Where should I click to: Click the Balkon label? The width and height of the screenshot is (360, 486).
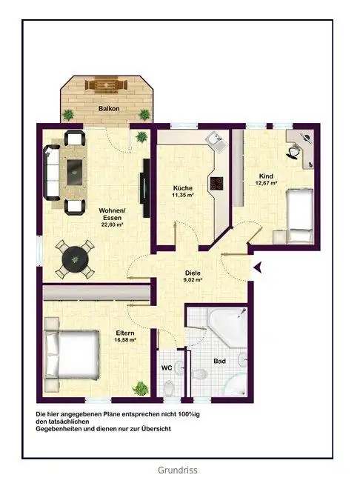coord(109,109)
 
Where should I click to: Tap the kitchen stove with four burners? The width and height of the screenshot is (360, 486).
coord(216,183)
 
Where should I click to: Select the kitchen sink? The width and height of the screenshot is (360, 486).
coord(216,141)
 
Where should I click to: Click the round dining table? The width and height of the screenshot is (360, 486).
coord(75,259)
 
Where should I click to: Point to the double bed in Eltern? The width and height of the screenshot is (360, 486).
coord(72,355)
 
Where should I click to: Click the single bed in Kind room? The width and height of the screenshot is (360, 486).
coord(299,216)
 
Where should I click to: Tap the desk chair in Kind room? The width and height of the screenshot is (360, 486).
coord(293,152)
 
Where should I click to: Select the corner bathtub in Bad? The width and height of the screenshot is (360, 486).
coord(227,326)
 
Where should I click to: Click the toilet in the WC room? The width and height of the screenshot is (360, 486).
coord(168,388)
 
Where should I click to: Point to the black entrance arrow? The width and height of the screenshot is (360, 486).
coord(258,267)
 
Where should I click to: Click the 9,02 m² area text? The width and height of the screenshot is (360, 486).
coord(193,280)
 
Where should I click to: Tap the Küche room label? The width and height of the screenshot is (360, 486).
coord(183,188)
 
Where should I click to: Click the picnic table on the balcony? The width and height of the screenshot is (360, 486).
coord(107,85)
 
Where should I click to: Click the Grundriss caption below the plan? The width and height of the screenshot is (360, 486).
coord(178,470)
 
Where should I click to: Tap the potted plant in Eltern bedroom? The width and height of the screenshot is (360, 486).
coord(140,387)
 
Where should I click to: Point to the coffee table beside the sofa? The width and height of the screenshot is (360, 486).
coord(74,173)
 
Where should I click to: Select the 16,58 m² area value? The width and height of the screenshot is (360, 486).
coord(125,340)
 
